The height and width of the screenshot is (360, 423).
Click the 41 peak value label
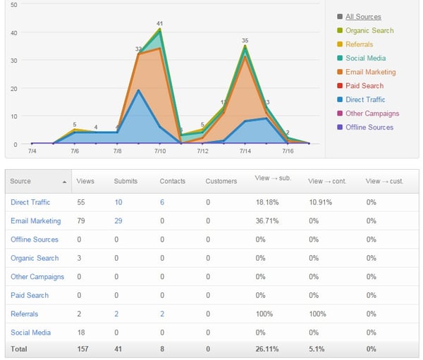tap(160, 24)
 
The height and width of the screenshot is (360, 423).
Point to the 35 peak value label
tap(245, 40)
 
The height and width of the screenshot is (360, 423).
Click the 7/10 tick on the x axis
tap(160, 151)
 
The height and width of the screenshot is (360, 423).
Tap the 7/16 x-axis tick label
tap(288, 151)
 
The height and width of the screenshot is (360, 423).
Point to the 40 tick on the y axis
tap(14, 33)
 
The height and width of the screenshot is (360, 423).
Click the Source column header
tap(20, 181)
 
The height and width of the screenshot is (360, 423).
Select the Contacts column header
tap(173, 181)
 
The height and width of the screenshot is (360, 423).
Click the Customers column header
tap(221, 181)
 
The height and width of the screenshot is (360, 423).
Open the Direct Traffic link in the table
tap(30, 202)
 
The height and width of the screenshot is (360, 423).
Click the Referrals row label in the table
tap(24, 314)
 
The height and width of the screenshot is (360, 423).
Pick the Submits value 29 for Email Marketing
tap(118, 221)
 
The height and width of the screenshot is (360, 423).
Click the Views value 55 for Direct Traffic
tap(81, 202)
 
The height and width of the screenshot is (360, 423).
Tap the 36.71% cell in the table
tap(267, 221)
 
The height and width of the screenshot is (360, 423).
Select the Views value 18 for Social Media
tap(81, 333)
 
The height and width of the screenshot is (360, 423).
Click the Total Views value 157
tap(82, 349)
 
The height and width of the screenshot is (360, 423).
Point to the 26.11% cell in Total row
tap(267, 349)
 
